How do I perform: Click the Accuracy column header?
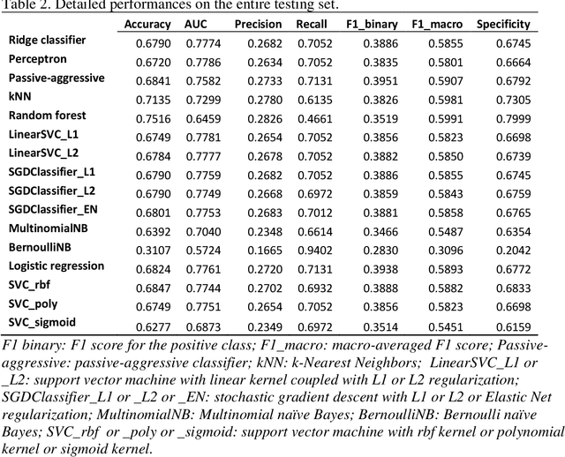147,24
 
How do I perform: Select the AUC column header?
196,24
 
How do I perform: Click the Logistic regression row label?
56,266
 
